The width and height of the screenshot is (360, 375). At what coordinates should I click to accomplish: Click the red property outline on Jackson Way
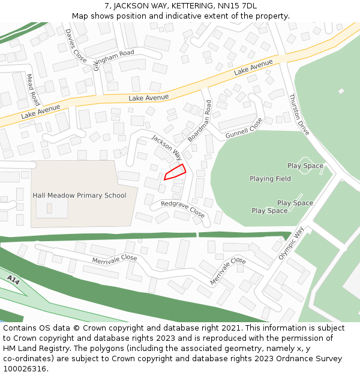(175, 172)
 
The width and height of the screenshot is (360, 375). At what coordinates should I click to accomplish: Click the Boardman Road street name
(199, 121)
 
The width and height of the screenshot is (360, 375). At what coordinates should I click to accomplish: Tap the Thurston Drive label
(299, 114)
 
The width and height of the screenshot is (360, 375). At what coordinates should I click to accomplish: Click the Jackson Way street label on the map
(166, 147)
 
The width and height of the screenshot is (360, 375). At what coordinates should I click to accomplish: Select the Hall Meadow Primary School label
(79, 195)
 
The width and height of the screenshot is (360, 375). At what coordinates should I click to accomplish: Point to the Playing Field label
(270, 179)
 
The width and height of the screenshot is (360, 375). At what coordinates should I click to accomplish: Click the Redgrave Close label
(183, 209)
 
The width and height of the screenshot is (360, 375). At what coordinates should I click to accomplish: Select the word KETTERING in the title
(185, 6)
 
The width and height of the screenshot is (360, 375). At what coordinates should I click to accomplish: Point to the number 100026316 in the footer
(25, 368)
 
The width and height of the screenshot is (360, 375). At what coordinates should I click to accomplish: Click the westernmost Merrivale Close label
(115, 259)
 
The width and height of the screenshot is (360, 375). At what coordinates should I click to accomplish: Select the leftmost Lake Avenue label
(41, 111)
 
